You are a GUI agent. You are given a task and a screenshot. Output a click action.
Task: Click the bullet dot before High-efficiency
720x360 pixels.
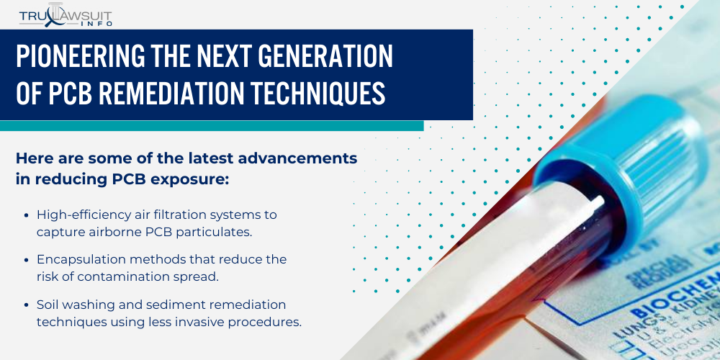point(27,215)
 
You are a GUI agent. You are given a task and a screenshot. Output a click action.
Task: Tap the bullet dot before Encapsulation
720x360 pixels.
point(27,259)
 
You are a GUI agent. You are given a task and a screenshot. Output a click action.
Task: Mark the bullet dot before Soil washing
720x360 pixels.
point(27,305)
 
